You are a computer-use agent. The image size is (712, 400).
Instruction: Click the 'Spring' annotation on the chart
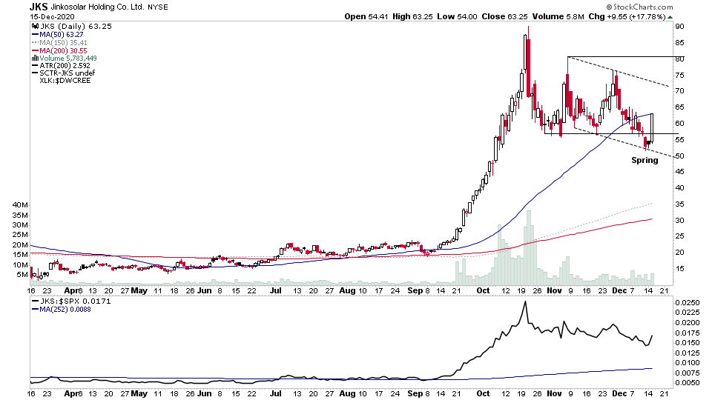(x=645, y=160)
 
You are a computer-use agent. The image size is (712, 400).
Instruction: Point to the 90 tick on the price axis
(x=678, y=26)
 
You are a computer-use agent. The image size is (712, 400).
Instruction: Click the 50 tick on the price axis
(x=678, y=156)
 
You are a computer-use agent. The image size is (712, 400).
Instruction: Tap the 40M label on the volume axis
(x=19, y=204)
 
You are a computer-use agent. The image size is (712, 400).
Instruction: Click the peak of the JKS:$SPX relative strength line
(x=526, y=302)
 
